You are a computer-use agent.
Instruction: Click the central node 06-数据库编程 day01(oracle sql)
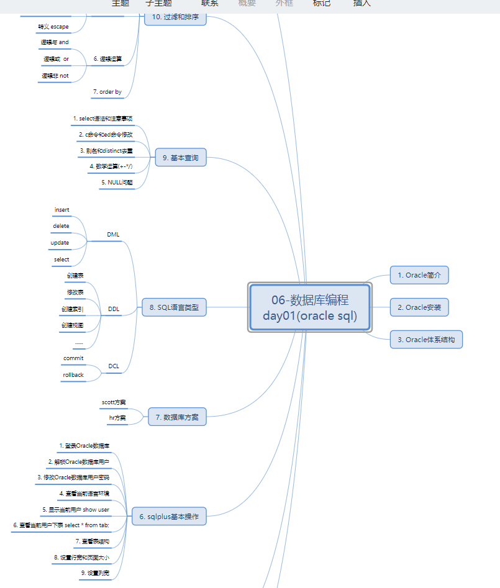point(310,307)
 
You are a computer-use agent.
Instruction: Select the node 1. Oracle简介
point(419,275)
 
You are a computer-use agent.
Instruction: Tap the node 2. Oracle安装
point(419,307)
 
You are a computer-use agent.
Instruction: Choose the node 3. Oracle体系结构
point(426,340)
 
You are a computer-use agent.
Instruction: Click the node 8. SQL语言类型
point(174,307)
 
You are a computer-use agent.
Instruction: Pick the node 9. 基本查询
point(180,158)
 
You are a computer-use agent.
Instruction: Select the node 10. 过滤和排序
point(175,17)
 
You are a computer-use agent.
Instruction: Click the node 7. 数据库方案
point(177,417)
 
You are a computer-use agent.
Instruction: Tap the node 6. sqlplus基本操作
point(169,516)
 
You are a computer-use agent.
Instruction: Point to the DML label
point(113,235)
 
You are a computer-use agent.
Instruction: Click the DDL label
point(114,309)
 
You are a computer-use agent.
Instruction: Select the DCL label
point(114,366)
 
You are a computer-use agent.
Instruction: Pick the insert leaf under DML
point(62,210)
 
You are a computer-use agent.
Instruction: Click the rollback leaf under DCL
point(73,375)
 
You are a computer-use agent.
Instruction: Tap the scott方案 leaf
point(114,402)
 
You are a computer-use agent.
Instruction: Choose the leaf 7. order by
point(107,92)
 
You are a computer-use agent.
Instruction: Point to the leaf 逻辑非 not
point(55,76)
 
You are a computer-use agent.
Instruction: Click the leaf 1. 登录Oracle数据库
point(84,446)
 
